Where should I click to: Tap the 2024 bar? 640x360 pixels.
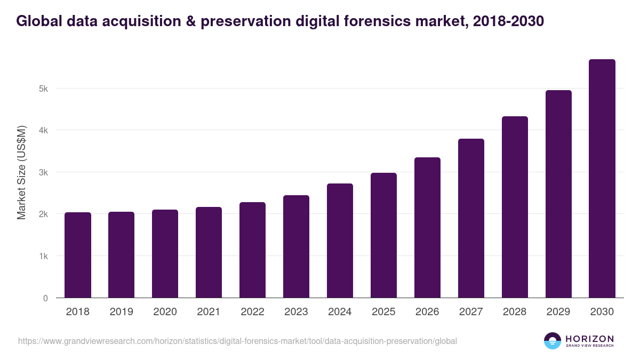[340, 241]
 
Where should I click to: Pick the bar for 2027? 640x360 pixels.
[471, 218]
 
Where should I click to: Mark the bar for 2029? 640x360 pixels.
[558, 194]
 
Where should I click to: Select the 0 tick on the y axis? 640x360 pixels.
[45, 298]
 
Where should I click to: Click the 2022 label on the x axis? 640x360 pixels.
[252, 312]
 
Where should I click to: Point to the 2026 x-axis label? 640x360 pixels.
[427, 312]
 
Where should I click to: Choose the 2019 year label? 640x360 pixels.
[121, 312]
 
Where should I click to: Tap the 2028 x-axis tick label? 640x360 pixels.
[515, 312]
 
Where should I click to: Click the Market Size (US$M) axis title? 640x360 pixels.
[21, 173]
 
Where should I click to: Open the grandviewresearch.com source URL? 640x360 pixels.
[237, 341]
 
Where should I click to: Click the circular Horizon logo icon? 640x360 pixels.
[552, 341]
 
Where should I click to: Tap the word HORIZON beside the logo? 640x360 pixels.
[589, 339]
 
